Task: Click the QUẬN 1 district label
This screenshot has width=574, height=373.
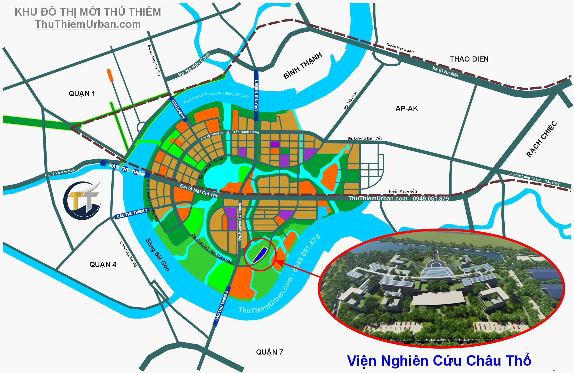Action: point(82,94)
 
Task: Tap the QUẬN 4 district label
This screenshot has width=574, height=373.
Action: point(103,265)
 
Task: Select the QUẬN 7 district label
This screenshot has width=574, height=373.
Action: point(270,352)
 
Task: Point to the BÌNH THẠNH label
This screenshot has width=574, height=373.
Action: point(303,66)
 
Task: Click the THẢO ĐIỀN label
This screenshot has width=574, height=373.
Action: point(469,59)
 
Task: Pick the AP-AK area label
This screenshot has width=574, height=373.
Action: point(407,108)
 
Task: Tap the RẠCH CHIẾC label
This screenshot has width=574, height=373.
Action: point(541,139)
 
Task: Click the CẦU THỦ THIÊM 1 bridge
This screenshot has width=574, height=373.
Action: point(256,95)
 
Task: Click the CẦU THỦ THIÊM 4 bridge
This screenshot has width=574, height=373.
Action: point(222,306)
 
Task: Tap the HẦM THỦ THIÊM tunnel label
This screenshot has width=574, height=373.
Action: point(127,169)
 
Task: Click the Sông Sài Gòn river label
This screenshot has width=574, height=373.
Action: point(157,255)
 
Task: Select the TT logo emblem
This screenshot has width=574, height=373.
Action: point(82,201)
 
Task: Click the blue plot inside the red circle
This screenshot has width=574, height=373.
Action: point(260,255)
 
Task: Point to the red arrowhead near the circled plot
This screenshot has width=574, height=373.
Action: point(279,263)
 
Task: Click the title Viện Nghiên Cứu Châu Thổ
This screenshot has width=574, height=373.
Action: point(439,361)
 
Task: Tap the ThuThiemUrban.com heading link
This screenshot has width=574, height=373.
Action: point(88,24)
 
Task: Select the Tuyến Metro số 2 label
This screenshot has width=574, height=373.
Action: point(403,191)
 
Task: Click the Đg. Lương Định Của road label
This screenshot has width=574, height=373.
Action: point(365,138)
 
